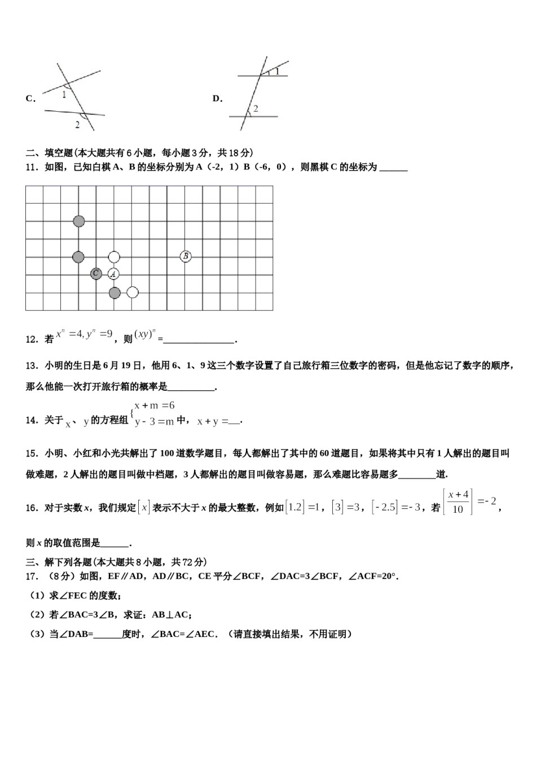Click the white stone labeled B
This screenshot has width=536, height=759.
tap(186, 256)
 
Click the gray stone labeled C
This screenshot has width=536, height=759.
tap(96, 274)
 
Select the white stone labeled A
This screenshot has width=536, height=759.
tap(114, 274)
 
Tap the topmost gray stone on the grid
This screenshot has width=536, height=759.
tap(78, 221)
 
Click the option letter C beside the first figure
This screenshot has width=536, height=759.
tap(30, 98)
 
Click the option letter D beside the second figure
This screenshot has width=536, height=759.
tap(217, 98)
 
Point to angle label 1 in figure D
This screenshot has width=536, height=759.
tap(277, 71)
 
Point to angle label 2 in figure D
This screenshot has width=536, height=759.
tap(256, 108)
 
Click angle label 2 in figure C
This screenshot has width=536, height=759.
tap(77, 124)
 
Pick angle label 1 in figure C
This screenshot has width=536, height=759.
tap(64, 95)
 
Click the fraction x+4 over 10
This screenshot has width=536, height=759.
tap(458, 501)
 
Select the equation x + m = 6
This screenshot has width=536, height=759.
tap(154, 405)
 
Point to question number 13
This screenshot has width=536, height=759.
tap(32, 365)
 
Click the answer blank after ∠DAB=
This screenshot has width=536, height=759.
tap(108, 635)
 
